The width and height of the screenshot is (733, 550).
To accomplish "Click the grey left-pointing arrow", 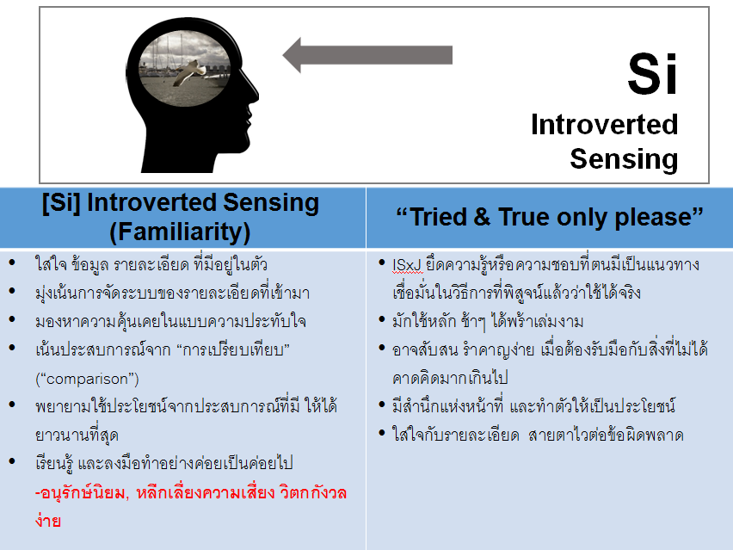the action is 367,55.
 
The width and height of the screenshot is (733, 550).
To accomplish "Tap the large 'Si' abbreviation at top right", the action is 652,74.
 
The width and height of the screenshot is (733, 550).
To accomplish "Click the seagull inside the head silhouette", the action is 189,72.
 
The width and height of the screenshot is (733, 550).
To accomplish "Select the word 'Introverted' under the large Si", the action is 605,125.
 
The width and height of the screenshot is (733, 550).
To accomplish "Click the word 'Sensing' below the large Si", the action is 624,159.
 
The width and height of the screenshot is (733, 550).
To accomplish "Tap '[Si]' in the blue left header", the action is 61,204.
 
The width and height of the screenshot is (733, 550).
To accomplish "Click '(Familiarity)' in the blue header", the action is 180,232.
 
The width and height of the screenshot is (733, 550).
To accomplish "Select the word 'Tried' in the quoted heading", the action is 438,217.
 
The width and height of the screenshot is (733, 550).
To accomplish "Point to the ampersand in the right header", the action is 483,218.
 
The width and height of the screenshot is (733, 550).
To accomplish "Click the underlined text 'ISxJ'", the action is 407,265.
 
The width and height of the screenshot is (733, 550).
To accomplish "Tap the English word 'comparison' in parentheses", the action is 87,379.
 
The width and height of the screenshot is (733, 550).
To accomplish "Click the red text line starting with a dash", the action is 191,493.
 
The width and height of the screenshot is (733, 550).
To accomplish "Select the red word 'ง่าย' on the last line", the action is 47,521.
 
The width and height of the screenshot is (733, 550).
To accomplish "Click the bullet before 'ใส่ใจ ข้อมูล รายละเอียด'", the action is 12,262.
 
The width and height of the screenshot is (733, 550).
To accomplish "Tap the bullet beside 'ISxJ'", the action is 382,262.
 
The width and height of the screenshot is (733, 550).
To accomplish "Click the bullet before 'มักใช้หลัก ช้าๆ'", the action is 382,319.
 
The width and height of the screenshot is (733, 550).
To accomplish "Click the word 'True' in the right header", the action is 524,217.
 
